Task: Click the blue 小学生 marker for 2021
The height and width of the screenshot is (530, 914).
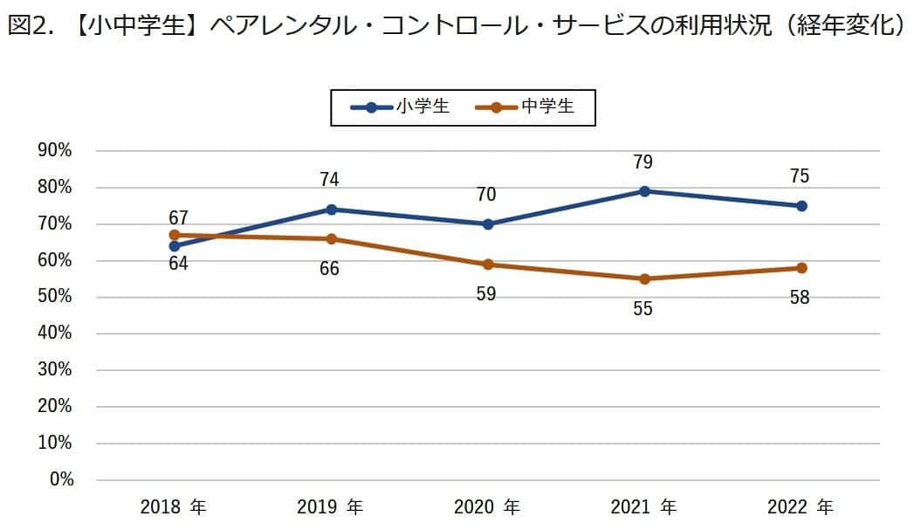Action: coord(644,191)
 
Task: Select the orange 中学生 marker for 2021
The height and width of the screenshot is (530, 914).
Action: coord(644,279)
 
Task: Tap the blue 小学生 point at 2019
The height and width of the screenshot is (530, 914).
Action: coord(331,210)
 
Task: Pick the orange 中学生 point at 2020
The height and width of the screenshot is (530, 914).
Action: coord(488,265)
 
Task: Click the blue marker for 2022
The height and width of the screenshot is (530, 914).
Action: coord(801,206)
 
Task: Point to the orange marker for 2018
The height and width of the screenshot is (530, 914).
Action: coord(174,235)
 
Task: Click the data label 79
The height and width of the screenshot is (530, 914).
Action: coord(643,162)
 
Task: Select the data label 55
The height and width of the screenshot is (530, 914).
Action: coord(643,309)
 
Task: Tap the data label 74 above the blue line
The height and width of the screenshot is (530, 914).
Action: coord(329,180)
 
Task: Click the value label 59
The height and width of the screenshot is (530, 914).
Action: coord(486,294)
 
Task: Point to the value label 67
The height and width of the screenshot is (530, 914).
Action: coord(178,217)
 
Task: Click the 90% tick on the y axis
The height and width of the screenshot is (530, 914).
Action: coord(54,151)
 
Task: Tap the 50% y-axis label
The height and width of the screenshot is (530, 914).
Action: coord(54,297)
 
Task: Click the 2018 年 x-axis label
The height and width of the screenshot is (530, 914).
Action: coord(173,507)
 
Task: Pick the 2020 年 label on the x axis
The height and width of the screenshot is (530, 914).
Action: coord(487,507)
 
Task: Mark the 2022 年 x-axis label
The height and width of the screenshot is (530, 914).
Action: coord(801,507)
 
